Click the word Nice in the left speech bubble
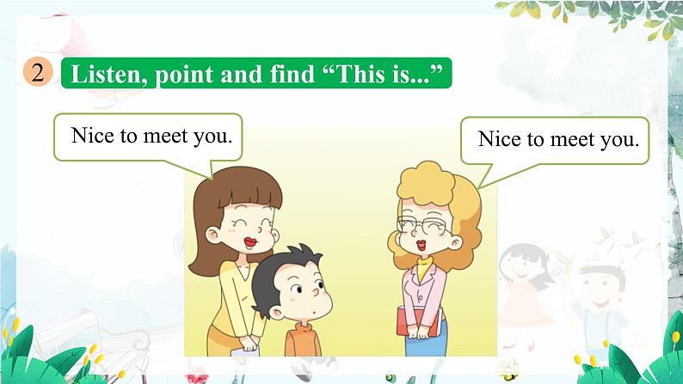89,136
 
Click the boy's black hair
284,262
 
